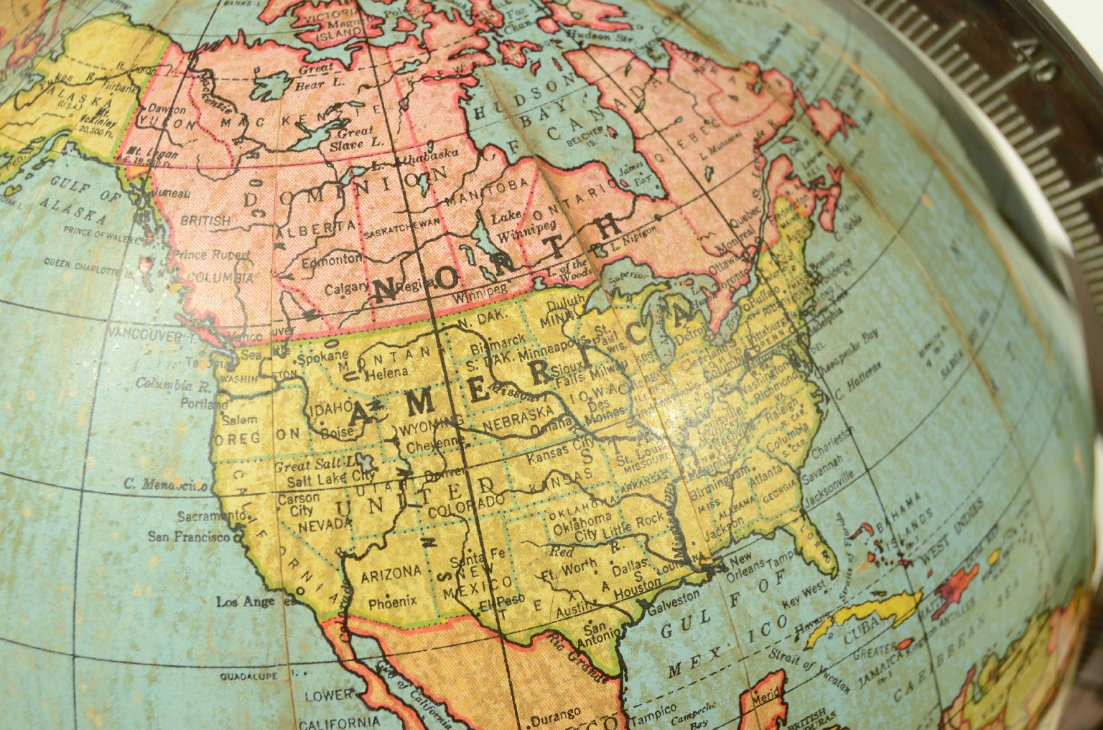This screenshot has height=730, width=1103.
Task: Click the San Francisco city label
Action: pyautogui.click(x=189, y=536)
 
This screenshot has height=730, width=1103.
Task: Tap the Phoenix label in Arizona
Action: pyautogui.click(x=392, y=602)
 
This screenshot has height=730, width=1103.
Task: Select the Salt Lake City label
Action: pyautogui.click(x=331, y=478)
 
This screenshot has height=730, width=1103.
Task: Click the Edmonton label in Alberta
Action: pyautogui.click(x=332, y=260)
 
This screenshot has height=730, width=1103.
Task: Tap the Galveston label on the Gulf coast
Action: pyautogui.click(x=674, y=601)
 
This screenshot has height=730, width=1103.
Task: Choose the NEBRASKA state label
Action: pyautogui.click(x=518, y=418)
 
